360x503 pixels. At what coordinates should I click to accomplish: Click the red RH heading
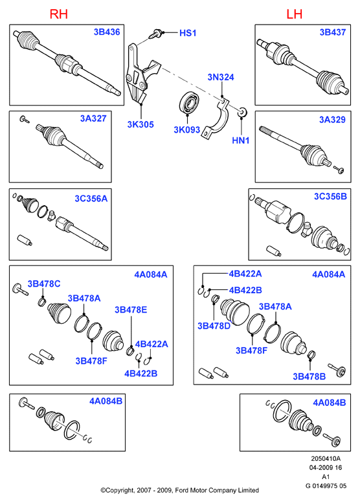pyautogui.click(x=59, y=14)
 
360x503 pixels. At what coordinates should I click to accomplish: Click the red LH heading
pyautogui.click(x=294, y=14)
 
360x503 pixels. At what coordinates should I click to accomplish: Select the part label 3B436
pyautogui.click(x=107, y=32)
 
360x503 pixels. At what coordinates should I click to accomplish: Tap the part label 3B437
pyautogui.click(x=333, y=32)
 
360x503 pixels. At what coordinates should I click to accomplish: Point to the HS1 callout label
pyautogui.click(x=188, y=33)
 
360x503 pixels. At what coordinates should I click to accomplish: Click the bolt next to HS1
pyautogui.click(x=156, y=34)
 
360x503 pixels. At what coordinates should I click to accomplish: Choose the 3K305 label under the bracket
pyautogui.click(x=141, y=124)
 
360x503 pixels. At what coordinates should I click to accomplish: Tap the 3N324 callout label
pyautogui.click(x=221, y=77)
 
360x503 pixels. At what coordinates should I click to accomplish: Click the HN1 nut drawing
pyautogui.click(x=242, y=112)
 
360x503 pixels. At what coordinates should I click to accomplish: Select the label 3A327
pyautogui.click(x=93, y=118)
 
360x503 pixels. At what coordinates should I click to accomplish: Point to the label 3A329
pyautogui.click(x=332, y=120)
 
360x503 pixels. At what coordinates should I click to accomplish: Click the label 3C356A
pyautogui.click(x=91, y=199)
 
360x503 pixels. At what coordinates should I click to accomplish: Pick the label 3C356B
pyautogui.click(x=330, y=196)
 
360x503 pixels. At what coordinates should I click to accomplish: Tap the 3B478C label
pyautogui.click(x=44, y=284)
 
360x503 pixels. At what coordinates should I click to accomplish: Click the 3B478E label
pyautogui.click(x=131, y=309)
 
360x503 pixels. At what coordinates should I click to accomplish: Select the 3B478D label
pyautogui.click(x=214, y=326)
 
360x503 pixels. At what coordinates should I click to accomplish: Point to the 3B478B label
pyautogui.click(x=309, y=376)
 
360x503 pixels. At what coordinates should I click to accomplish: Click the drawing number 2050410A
pyautogui.click(x=326, y=459)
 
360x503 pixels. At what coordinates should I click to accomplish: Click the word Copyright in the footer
pyautogui.click(x=121, y=490)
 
